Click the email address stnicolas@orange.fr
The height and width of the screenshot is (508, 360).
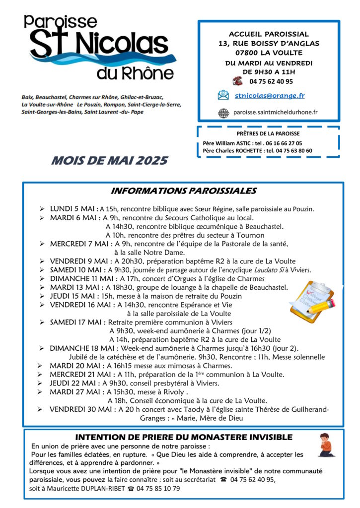point(270,96)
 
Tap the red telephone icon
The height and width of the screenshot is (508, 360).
point(237,81)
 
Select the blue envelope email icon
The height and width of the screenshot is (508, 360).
point(223,95)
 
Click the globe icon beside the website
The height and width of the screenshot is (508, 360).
point(223,113)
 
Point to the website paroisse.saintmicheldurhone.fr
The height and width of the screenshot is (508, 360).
point(275,113)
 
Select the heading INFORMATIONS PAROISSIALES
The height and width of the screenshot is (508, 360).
point(183,191)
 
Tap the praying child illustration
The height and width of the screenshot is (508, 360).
point(326,445)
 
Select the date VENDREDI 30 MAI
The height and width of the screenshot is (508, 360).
point(82,409)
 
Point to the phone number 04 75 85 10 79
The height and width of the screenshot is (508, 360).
point(157,488)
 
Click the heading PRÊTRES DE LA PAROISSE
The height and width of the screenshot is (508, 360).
point(268,133)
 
